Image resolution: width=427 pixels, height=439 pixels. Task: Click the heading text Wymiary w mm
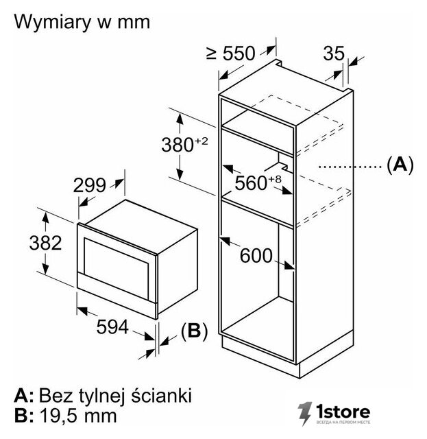click(x=82, y=22)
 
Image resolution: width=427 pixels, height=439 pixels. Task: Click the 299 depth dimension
click(x=90, y=185)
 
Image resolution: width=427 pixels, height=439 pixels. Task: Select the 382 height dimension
click(x=45, y=243)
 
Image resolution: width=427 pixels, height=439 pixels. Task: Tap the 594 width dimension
click(x=112, y=327)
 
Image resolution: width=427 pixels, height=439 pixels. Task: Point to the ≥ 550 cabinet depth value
click(x=231, y=54)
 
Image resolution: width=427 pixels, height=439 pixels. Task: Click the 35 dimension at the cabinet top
click(x=334, y=54)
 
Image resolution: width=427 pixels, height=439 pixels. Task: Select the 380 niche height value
click(x=178, y=145)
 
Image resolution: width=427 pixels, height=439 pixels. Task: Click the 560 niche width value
click(x=251, y=183)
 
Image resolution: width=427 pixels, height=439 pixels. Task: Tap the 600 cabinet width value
click(x=256, y=255)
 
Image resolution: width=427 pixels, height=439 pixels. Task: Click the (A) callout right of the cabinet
click(x=400, y=165)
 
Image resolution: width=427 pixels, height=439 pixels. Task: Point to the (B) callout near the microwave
click(x=195, y=331)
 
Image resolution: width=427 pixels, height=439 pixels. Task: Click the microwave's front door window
click(x=116, y=268)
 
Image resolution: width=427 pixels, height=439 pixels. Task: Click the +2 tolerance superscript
click(x=202, y=141)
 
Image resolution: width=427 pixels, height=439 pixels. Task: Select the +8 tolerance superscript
click(x=274, y=179)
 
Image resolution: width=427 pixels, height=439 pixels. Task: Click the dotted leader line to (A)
click(x=350, y=167)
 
